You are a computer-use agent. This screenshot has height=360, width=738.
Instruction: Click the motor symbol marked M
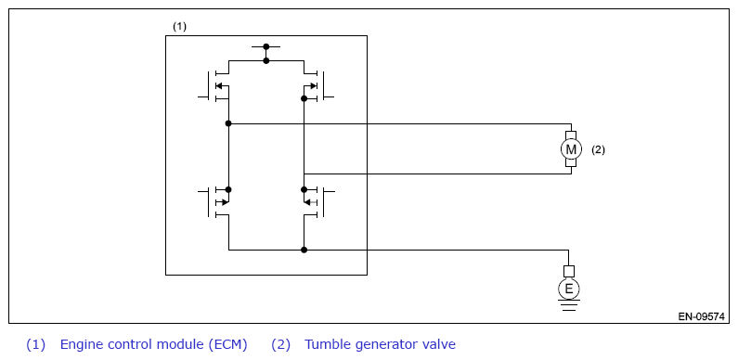pyautogui.click(x=571, y=149)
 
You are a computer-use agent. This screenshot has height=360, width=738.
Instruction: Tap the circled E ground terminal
pyautogui.click(x=568, y=289)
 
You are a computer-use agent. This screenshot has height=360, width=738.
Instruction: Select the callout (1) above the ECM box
pyautogui.click(x=179, y=26)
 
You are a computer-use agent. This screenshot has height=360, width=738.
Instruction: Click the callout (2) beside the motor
pyautogui.click(x=598, y=150)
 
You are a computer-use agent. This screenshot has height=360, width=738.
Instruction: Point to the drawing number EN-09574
pyautogui.click(x=701, y=316)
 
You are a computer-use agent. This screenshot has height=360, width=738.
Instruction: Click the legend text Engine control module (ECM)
pyautogui.click(x=153, y=344)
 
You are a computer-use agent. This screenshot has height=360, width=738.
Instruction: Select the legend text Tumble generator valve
pyautogui.click(x=380, y=344)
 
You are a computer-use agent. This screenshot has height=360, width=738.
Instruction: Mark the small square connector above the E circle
pyautogui.click(x=568, y=271)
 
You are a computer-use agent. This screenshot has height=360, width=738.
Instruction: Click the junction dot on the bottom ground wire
pyautogui.click(x=304, y=250)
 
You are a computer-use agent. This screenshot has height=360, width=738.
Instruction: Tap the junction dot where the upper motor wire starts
pyautogui.click(x=228, y=123)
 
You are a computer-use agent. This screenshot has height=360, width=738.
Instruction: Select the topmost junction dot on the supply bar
pyautogui.click(x=265, y=46)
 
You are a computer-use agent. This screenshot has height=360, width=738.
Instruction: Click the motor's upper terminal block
pyautogui.click(x=571, y=135)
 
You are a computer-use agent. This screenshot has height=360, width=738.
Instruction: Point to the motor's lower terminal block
pyautogui.click(x=571, y=162)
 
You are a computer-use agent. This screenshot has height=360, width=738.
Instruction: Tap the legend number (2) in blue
pyautogui.click(x=280, y=344)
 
